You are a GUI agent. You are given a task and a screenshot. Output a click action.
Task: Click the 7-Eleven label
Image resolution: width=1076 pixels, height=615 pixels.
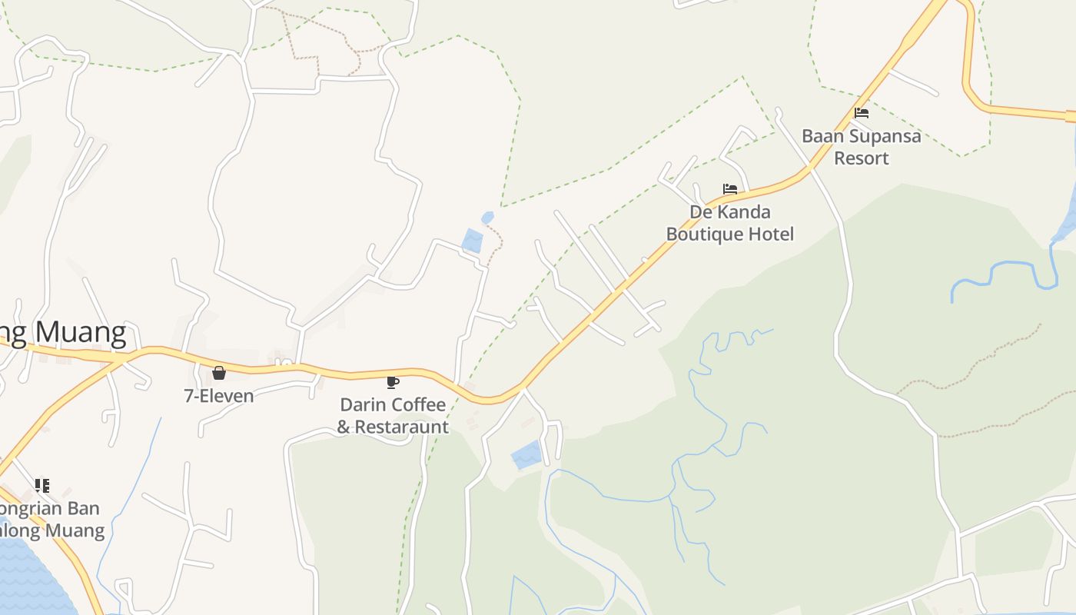(218, 396)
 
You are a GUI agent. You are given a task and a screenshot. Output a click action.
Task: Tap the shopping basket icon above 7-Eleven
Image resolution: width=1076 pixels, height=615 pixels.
(219, 373)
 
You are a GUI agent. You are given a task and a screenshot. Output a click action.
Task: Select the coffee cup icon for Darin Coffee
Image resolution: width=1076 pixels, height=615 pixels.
(393, 381)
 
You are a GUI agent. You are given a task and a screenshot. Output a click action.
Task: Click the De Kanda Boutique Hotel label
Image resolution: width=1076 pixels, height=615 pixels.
(729, 223)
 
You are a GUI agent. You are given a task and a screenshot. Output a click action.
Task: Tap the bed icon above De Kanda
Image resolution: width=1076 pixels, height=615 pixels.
(729, 189)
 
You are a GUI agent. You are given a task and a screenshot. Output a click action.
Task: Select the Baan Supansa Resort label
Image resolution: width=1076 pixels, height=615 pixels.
(861, 147)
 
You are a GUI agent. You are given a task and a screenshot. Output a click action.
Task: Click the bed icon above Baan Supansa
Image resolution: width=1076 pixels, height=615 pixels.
(862, 113)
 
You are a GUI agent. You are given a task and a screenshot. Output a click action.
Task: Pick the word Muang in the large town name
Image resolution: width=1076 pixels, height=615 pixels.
(81, 332)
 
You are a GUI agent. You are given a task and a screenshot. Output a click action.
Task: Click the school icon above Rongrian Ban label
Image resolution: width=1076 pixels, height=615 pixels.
(42, 485)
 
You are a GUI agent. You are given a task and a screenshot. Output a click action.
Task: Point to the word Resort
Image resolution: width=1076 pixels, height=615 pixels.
(862, 158)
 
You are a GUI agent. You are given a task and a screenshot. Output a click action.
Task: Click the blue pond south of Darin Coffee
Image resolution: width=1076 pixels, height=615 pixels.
(526, 456)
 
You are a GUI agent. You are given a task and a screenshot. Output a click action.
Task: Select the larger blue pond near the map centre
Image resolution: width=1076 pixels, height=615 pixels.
(472, 241)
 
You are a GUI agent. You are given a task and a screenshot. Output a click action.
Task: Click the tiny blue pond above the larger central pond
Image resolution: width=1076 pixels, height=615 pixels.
(487, 218)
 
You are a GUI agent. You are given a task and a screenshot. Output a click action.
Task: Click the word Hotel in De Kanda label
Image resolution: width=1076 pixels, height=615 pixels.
(772, 234)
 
